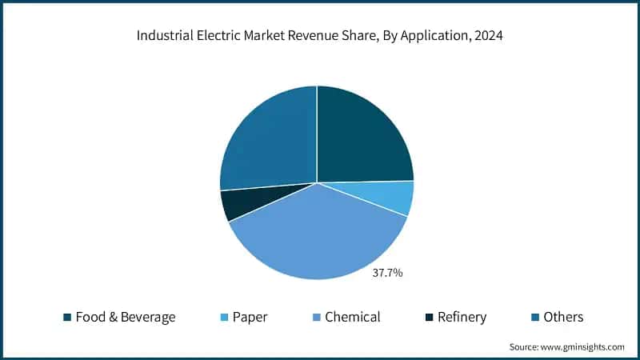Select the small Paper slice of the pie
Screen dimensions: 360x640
[x=397, y=197]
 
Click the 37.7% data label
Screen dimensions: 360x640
[x=388, y=273]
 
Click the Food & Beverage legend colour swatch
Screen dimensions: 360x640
[x=67, y=318]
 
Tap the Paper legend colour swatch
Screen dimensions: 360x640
[x=224, y=318]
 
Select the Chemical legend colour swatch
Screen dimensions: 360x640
[x=316, y=318]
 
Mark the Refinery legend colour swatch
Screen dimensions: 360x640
[x=429, y=318]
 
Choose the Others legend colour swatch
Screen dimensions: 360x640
[x=534, y=318]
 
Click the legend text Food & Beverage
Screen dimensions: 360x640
[x=125, y=318]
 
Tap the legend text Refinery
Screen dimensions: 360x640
[x=462, y=318]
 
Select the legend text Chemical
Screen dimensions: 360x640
[x=353, y=318]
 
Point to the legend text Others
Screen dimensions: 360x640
[x=563, y=318]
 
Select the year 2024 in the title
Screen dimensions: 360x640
[x=487, y=36]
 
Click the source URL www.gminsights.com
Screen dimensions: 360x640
[x=583, y=346]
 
